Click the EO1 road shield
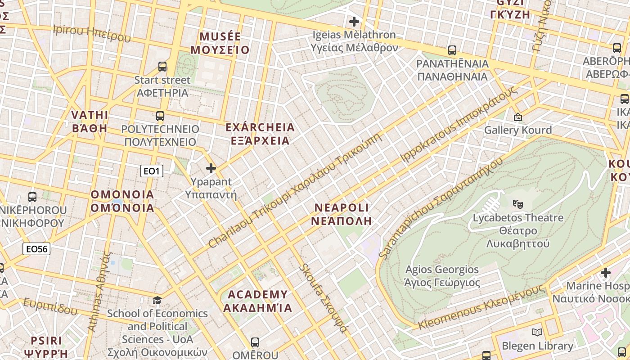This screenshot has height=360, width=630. [x=152, y=171]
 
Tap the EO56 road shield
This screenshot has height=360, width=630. [x=36, y=249]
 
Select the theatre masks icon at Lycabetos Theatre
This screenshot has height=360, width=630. [x=518, y=204]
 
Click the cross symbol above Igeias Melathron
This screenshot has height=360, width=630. [x=354, y=21]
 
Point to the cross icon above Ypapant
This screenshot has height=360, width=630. [x=211, y=168]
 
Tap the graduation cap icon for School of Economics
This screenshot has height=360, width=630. [x=157, y=300]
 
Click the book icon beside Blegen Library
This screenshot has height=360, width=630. [x=537, y=333]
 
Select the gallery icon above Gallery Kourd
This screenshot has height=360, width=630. [x=518, y=117]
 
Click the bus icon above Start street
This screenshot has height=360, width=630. [x=162, y=67]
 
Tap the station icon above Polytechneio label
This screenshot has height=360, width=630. [x=160, y=116]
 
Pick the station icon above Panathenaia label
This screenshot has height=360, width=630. [x=452, y=50]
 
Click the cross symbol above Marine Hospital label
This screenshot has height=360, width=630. [x=606, y=272]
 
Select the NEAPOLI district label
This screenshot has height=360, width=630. [x=342, y=214]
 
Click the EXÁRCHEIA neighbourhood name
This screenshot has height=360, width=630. [x=260, y=134]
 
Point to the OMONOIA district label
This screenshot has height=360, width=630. [x=122, y=201]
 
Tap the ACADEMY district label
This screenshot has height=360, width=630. [x=257, y=301]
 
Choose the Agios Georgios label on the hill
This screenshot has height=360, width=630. [x=442, y=276]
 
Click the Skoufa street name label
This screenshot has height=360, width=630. [x=323, y=298]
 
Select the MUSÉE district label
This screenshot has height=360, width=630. [x=220, y=43]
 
